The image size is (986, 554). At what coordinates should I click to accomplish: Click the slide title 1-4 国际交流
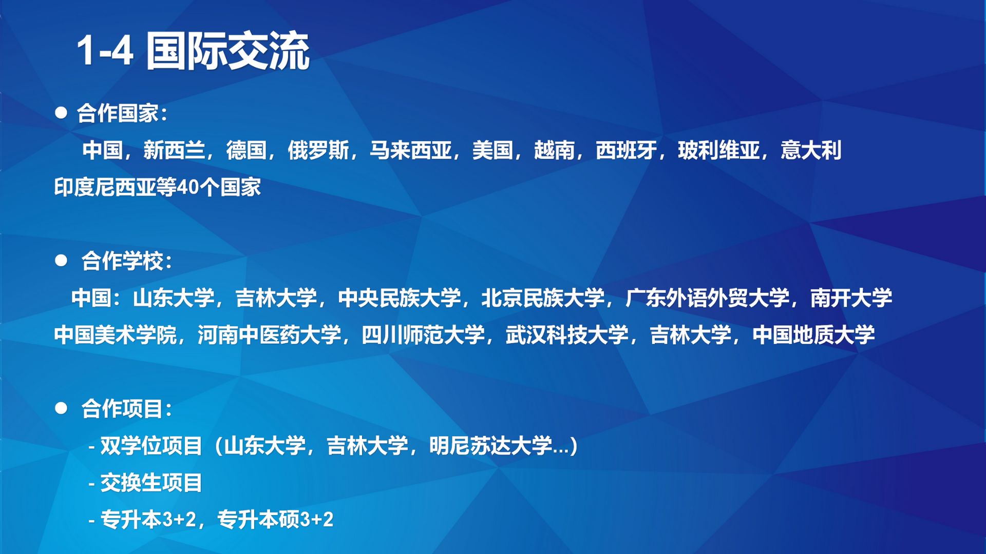click(x=193, y=51)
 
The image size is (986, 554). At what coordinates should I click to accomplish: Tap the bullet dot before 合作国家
click(x=61, y=113)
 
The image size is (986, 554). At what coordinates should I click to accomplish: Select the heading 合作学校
click(x=122, y=261)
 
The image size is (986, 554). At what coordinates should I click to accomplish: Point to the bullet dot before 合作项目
click(x=61, y=408)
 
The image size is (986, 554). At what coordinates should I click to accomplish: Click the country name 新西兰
click(x=174, y=150)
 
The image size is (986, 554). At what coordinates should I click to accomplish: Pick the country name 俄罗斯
click(x=318, y=150)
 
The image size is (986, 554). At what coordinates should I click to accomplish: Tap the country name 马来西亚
click(x=411, y=150)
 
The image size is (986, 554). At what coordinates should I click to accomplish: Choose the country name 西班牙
click(x=627, y=150)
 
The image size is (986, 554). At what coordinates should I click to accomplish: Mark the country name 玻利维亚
click(x=719, y=150)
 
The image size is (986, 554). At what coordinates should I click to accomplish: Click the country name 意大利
click(x=811, y=150)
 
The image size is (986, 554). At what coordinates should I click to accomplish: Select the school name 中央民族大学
click(x=400, y=298)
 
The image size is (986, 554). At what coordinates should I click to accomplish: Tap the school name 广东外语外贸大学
click(x=708, y=298)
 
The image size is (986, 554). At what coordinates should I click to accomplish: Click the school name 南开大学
click(x=851, y=298)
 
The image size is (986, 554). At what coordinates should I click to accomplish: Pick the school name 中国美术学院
click(x=116, y=335)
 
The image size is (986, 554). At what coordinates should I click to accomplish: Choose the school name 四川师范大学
click(x=423, y=335)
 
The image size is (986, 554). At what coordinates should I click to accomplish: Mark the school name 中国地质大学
click(x=813, y=335)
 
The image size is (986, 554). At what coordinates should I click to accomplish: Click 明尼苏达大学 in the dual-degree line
click(x=491, y=446)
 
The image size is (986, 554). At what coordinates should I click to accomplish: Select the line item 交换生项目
click(x=151, y=483)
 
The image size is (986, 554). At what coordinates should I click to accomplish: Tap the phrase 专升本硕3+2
click(x=275, y=520)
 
